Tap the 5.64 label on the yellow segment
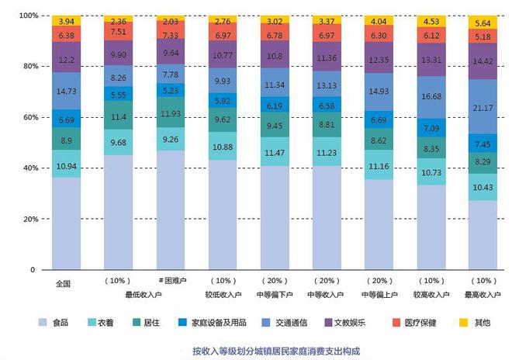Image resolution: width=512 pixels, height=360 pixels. point(483,23)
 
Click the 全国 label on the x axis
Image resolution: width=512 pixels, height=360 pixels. point(64,283)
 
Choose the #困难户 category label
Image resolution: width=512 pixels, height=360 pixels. point(170,280)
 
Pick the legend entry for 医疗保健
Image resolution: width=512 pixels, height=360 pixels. point(419,321)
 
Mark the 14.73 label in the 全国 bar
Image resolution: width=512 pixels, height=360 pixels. point(66,92)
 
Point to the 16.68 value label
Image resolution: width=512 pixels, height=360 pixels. point(431,97)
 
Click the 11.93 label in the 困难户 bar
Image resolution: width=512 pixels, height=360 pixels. point(170,113)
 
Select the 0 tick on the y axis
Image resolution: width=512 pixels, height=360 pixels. point(33,270)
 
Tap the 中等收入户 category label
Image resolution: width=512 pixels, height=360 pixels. point(327,294)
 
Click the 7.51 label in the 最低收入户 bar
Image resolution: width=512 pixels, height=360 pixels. point(118,32)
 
